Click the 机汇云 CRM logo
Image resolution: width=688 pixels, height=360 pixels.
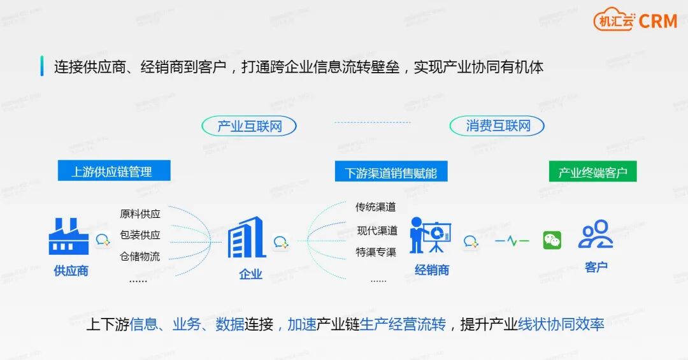tap(635, 20)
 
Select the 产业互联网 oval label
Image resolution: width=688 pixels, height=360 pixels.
tap(249, 126)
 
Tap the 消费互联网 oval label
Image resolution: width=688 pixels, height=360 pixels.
tap(498, 126)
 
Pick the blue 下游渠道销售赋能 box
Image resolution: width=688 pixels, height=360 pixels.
tap(391, 172)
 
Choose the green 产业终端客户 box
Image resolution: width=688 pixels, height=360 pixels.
tap(592, 172)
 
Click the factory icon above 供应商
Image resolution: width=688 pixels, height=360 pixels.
tap(69, 237)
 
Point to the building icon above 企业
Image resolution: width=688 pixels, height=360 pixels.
tap(247, 238)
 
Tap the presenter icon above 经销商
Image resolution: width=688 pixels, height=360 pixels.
tap(430, 235)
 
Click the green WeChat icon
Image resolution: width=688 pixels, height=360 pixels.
tap(552, 240)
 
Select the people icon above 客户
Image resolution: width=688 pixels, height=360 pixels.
tap(595, 234)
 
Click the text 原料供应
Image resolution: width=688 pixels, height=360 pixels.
tap(140, 213)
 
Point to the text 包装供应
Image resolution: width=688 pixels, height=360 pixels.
tap(140, 235)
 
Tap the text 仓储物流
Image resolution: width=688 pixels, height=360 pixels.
tap(140, 257)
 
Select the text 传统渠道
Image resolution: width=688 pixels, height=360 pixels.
tap(376, 207)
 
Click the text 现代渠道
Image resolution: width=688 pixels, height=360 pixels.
tap(377, 230)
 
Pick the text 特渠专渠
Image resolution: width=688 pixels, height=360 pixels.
tap(376, 252)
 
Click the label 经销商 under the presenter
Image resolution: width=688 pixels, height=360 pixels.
tap(432, 270)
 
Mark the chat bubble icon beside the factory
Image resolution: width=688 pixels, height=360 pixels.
tap(103, 240)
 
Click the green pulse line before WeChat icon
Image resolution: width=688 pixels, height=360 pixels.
tap(512, 241)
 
